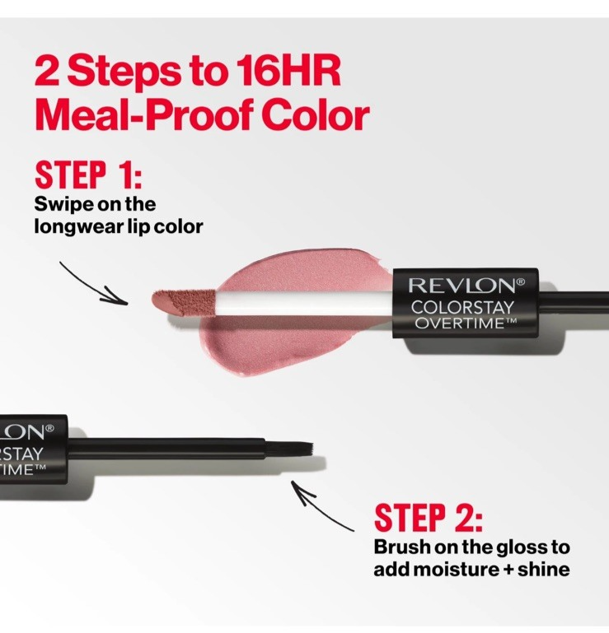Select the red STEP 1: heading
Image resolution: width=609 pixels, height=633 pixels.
coord(88,175)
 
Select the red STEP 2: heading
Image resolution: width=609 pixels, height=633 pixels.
coord(428,517)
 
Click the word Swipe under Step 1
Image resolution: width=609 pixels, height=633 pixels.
coord(63,205)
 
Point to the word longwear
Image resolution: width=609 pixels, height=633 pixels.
coord(78,227)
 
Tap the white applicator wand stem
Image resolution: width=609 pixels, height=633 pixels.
coord(304,303)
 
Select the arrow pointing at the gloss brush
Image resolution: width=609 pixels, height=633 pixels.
coord(319,505)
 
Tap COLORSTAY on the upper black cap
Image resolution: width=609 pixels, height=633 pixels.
coord(462,308)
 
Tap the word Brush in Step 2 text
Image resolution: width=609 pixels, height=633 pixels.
coord(402,547)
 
